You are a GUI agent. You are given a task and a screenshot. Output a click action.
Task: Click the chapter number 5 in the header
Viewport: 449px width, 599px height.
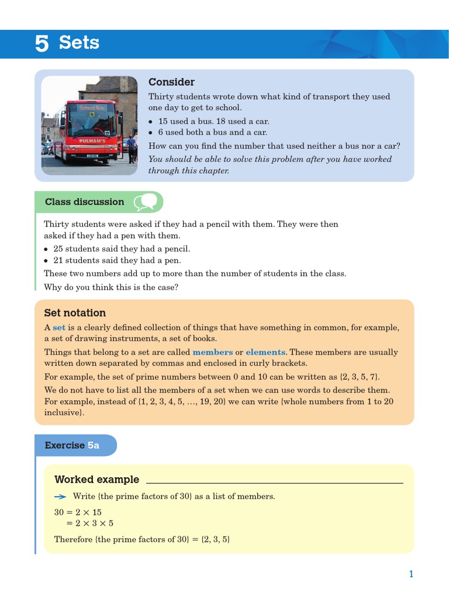[x=42, y=43]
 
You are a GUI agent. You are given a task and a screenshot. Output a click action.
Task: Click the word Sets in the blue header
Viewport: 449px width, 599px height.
[x=79, y=43]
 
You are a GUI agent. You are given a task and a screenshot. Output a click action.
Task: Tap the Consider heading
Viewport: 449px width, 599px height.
[x=171, y=82]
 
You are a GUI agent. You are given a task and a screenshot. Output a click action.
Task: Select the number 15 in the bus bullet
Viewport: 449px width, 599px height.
[x=164, y=122]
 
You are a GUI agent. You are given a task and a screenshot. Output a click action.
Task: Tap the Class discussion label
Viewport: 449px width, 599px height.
[x=84, y=202]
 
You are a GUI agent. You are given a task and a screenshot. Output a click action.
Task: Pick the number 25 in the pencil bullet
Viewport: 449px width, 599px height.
[x=58, y=249]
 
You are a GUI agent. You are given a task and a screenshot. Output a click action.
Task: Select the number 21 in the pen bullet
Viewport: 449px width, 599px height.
[x=58, y=260]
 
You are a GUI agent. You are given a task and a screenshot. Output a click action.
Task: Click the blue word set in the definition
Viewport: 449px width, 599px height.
[x=59, y=328]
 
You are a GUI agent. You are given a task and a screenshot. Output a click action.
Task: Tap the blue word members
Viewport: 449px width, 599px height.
[x=212, y=352]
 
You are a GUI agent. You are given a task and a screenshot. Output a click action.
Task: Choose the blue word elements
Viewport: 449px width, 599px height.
[x=265, y=352]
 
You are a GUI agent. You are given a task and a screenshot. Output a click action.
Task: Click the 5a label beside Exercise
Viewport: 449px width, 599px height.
[x=94, y=445]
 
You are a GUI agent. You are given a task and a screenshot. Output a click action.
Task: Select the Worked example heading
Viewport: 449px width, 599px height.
[x=96, y=480]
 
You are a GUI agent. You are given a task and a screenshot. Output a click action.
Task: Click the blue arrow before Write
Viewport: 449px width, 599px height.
[x=60, y=496]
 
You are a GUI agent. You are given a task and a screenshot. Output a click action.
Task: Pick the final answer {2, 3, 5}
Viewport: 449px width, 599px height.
[x=215, y=539]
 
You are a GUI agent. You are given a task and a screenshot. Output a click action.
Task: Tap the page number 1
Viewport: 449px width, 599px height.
[x=411, y=574]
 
